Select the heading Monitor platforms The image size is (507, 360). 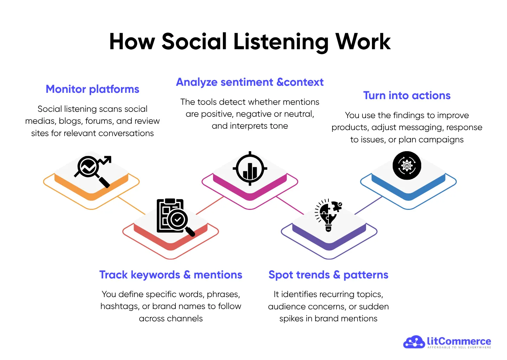(x=92, y=89)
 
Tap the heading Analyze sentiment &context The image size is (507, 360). (x=250, y=82)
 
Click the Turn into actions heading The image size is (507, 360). (x=407, y=96)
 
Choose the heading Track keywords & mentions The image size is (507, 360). (x=171, y=275)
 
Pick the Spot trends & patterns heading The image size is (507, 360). (x=328, y=275)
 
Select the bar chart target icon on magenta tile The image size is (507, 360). (x=250, y=169)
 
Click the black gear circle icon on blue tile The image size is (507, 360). (x=407, y=166)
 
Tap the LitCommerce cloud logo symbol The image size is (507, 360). (x=414, y=342)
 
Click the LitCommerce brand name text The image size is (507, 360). (x=459, y=341)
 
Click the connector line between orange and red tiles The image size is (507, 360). (x=131, y=205)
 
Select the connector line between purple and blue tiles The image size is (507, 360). (x=368, y=205)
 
